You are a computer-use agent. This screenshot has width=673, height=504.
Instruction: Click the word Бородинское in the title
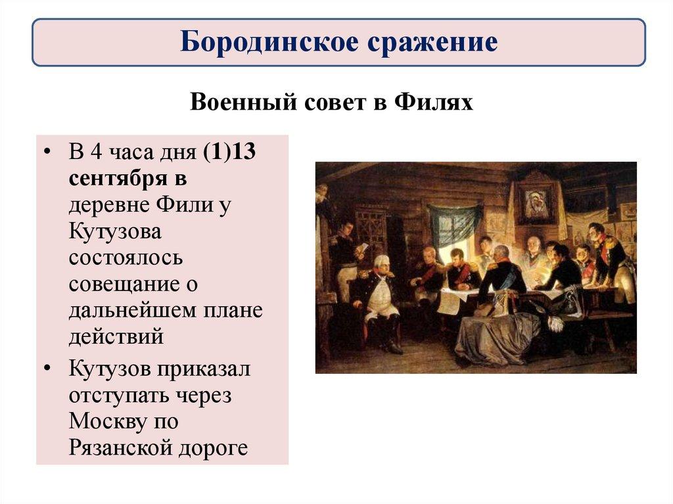pos(260,43)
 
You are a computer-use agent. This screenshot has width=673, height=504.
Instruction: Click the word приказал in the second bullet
pos(203,369)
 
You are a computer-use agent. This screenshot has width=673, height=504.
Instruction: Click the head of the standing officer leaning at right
pos(597,231)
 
